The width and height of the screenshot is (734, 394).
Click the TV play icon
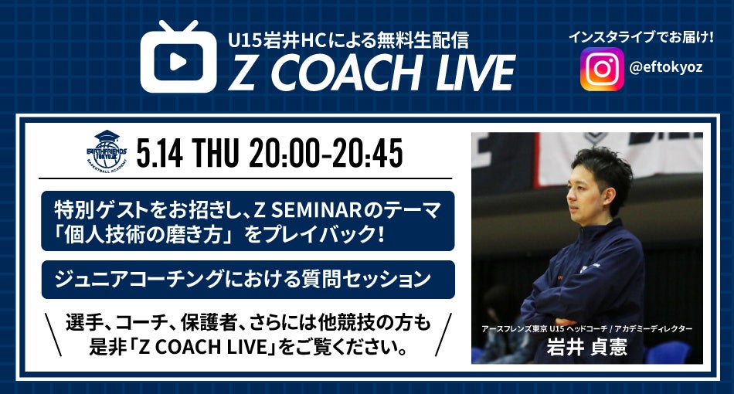coord(178,56)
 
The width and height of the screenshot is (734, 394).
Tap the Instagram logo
coord(602,70)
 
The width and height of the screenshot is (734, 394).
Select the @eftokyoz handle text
coord(666,67)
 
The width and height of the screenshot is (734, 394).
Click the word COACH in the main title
coord(345,73)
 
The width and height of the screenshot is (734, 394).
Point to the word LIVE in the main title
coord(475,73)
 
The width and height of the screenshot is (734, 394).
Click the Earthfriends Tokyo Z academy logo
coord(107,151)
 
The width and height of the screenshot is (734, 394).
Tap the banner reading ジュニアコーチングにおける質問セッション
coord(248,280)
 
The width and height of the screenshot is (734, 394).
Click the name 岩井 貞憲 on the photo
coord(586,348)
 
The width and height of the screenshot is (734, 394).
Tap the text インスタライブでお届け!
coord(641,37)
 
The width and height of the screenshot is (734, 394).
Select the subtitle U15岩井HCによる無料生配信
coord(348,40)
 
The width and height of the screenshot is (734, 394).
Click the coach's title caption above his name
coord(587,329)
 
